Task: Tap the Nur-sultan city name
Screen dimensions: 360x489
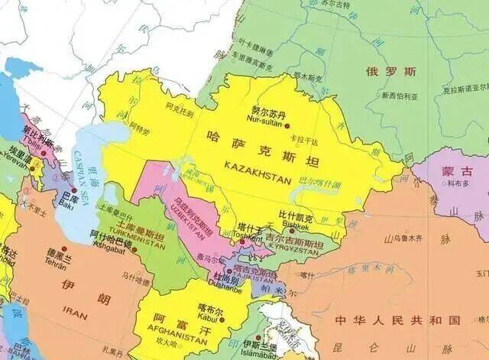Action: tap(265, 120)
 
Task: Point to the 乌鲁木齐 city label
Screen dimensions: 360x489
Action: tap(404, 238)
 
